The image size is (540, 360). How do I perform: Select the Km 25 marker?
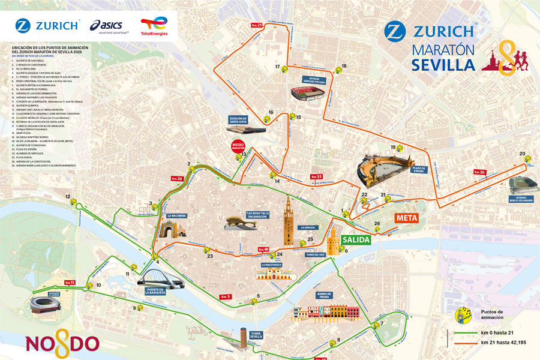point(257,25)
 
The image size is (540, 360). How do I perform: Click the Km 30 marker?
point(479,172)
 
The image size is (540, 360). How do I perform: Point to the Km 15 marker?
point(69,283)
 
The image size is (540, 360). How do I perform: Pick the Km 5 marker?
point(226,297)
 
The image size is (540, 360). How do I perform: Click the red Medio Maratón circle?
point(239,147)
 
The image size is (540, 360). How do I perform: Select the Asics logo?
point(106,25)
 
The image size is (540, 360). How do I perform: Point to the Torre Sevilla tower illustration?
point(244,337)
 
